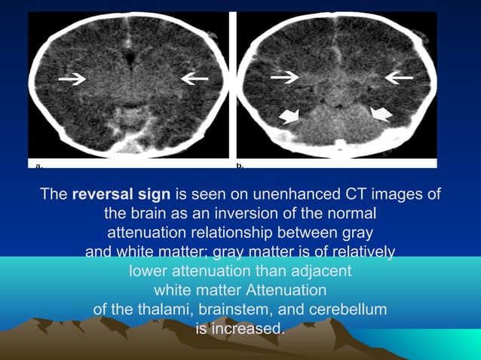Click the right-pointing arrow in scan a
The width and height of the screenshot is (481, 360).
coord(72,78)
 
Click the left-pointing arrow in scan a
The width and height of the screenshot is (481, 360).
coord(194,78)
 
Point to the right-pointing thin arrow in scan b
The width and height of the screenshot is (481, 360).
coord(285,76)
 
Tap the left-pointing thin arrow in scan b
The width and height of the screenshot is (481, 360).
coord(398,76)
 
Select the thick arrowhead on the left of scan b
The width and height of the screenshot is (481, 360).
coord(289,114)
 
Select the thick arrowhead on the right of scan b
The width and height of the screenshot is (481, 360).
coord(382,113)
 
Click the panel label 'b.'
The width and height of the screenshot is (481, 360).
coord(240,163)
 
